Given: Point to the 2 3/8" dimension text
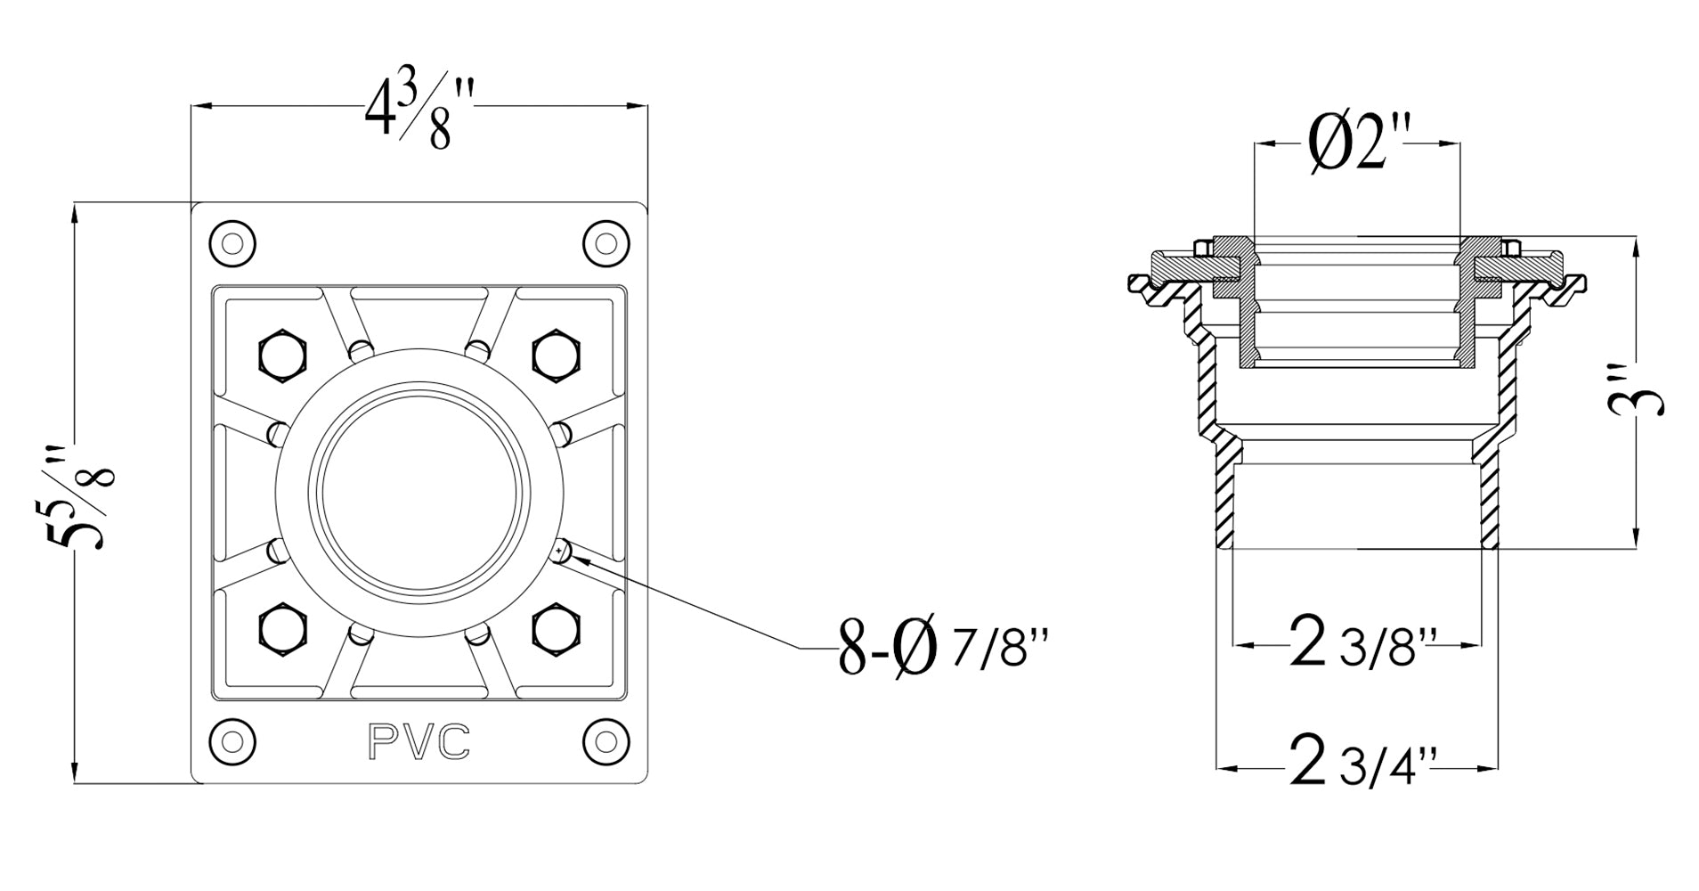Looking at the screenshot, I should point(1356,645).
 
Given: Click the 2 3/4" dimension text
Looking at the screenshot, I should point(1356,765).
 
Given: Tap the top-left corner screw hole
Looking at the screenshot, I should point(232,242).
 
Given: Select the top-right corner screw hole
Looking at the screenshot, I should point(606,242).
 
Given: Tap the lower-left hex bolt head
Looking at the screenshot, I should point(284,629).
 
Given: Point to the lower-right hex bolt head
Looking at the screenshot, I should point(557,629).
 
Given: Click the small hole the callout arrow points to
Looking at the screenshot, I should point(560,552).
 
